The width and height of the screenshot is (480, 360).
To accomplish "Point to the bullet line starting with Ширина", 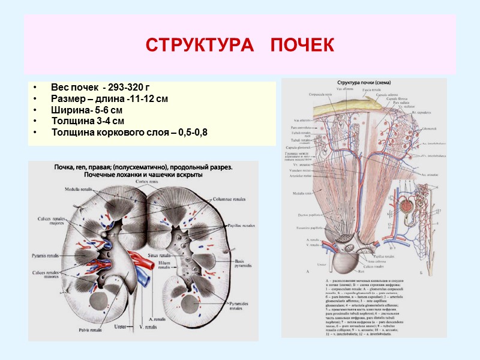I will [x=87, y=111].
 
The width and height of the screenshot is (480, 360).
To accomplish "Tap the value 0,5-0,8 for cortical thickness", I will [x=193, y=131].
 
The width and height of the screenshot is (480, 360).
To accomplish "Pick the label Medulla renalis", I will [x=80, y=189].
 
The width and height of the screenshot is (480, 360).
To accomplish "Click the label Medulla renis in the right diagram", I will [x=298, y=193].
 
